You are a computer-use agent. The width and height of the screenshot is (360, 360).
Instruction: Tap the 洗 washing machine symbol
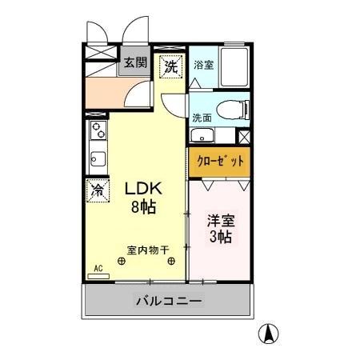tap(170, 66)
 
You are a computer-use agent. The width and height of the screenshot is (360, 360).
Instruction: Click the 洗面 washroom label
tap(202, 119)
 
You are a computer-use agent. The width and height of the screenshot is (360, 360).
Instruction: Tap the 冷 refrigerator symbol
tap(97, 190)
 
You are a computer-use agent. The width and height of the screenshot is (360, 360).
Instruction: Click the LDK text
tap(144, 190)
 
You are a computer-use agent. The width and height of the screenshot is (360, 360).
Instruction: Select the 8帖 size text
tap(144, 207)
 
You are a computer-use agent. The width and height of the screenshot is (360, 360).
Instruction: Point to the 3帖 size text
tap(221, 238)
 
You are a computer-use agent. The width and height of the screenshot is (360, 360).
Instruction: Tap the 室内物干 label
tap(147, 249)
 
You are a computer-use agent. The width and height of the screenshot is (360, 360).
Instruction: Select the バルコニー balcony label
tap(169, 302)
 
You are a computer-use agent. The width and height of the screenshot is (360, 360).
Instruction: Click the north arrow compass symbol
tap(271, 334)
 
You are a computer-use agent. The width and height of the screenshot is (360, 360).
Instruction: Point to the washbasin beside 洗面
tap(203, 135)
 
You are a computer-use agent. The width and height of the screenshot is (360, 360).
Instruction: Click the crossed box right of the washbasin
tap(244, 134)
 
